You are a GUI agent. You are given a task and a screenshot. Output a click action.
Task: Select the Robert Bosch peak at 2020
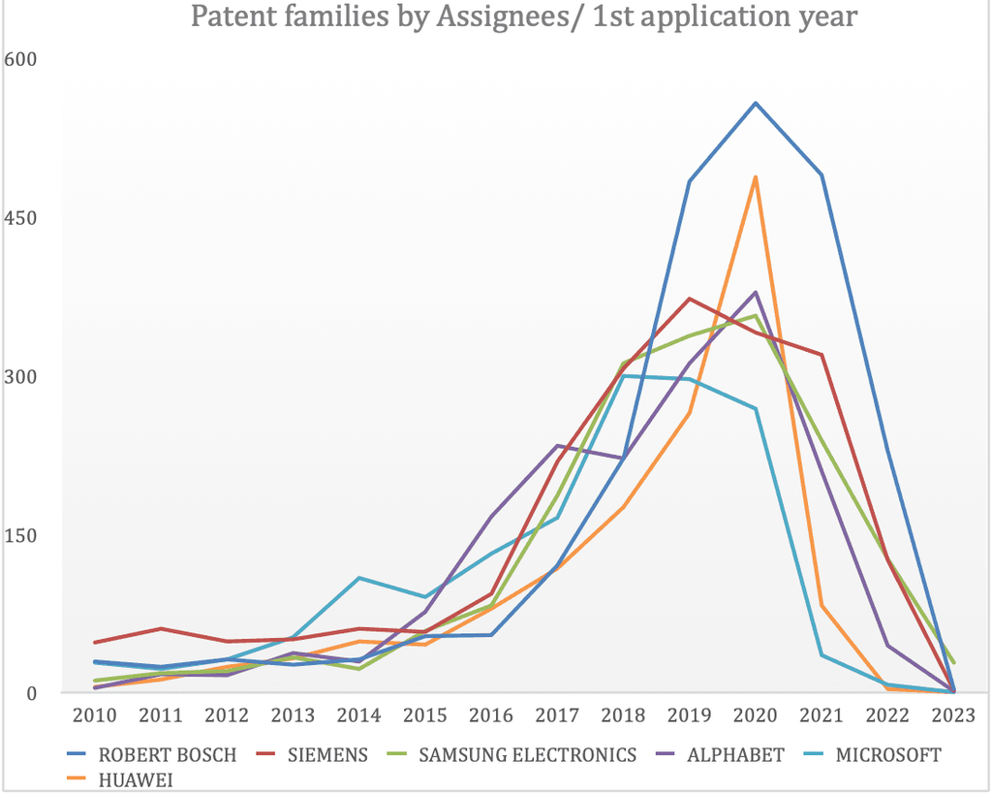click(755, 103)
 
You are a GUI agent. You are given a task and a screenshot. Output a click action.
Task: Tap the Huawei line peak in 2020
click(755, 177)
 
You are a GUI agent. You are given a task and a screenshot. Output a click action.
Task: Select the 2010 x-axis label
click(94, 716)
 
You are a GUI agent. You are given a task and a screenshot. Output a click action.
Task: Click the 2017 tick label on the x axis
click(557, 716)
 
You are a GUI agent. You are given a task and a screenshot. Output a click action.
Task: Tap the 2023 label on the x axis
click(953, 716)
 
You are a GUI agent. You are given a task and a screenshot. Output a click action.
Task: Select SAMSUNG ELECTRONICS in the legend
click(527, 754)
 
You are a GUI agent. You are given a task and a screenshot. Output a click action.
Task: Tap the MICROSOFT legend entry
click(886, 754)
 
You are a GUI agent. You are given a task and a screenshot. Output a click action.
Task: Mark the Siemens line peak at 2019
click(689, 299)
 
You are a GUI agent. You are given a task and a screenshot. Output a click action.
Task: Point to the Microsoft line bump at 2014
click(358, 578)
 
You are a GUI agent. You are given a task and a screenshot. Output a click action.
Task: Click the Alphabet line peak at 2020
click(755, 292)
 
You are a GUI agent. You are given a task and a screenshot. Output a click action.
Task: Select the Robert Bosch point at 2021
click(821, 175)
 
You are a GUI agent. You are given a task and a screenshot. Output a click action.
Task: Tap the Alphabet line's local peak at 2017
click(557, 445)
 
